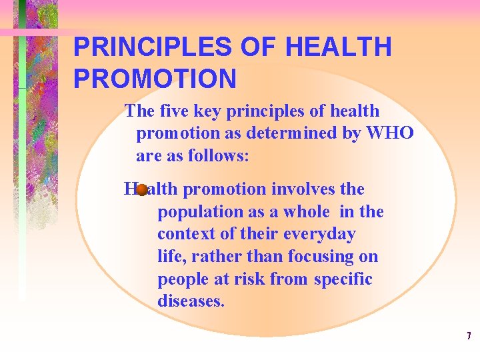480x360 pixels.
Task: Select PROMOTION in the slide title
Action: (x=155, y=79)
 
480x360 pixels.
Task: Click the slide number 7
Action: (x=469, y=335)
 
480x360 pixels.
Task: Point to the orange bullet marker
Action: (x=141, y=190)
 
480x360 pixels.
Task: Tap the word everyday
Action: (x=319, y=234)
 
